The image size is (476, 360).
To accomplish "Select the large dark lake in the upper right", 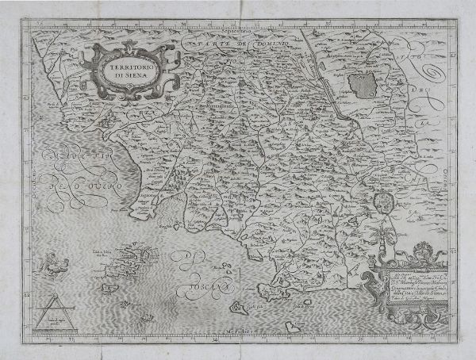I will [x=362, y=82].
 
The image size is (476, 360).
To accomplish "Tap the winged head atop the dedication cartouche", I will [x=420, y=252].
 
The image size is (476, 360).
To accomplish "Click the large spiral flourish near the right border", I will [x=432, y=76].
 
